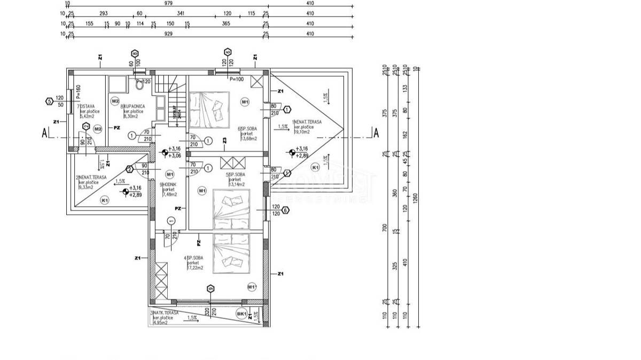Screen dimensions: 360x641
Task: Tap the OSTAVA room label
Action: pyautogui.click(x=86, y=106)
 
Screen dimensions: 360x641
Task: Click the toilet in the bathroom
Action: pyautogui.click(x=140, y=84)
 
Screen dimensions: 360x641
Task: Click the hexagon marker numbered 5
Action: pyautogui.click(x=49, y=100)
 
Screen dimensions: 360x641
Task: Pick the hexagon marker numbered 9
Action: pyautogui.click(x=211, y=288)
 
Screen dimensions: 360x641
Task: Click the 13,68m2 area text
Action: pyautogui.click(x=248, y=138)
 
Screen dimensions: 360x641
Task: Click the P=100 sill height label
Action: pyautogui.click(x=236, y=79)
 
